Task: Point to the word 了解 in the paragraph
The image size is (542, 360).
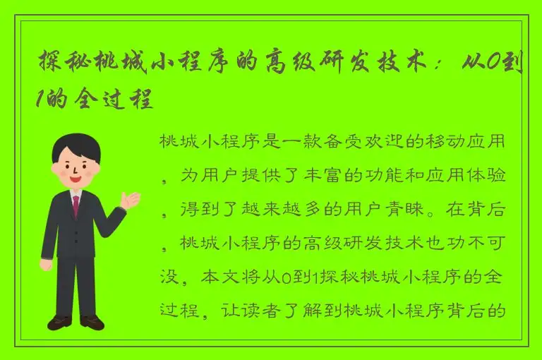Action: coord(325,311)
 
